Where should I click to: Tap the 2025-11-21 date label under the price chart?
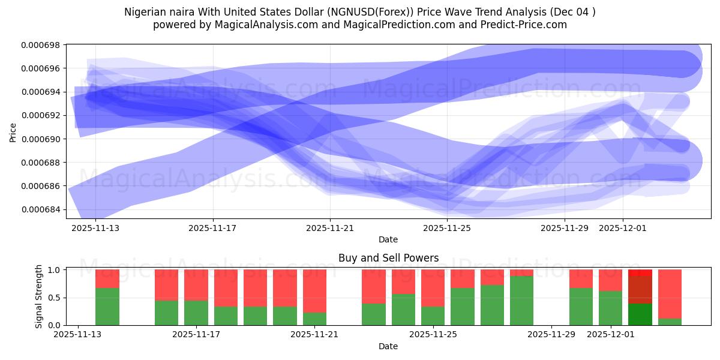pos(330,229)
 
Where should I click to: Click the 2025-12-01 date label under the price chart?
pos(623,229)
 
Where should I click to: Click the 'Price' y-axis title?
pos(13,131)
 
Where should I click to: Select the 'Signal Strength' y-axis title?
pos(40,297)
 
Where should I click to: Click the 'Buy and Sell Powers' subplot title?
pos(388,258)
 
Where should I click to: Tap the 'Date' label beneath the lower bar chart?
pos(388,346)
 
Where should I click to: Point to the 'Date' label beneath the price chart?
pos(388,239)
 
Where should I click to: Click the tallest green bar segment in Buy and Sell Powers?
pos(522,301)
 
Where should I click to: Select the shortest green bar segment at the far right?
pos(670,322)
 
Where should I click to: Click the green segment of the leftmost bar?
pos(107,307)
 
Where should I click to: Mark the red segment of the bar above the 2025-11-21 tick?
pos(314,291)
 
